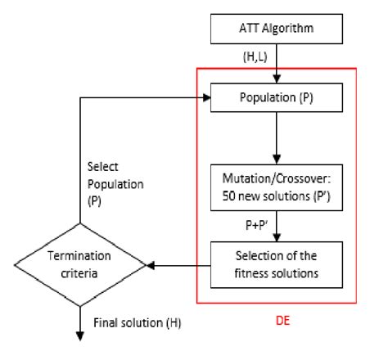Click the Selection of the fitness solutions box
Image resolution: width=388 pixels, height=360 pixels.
(278, 264)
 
